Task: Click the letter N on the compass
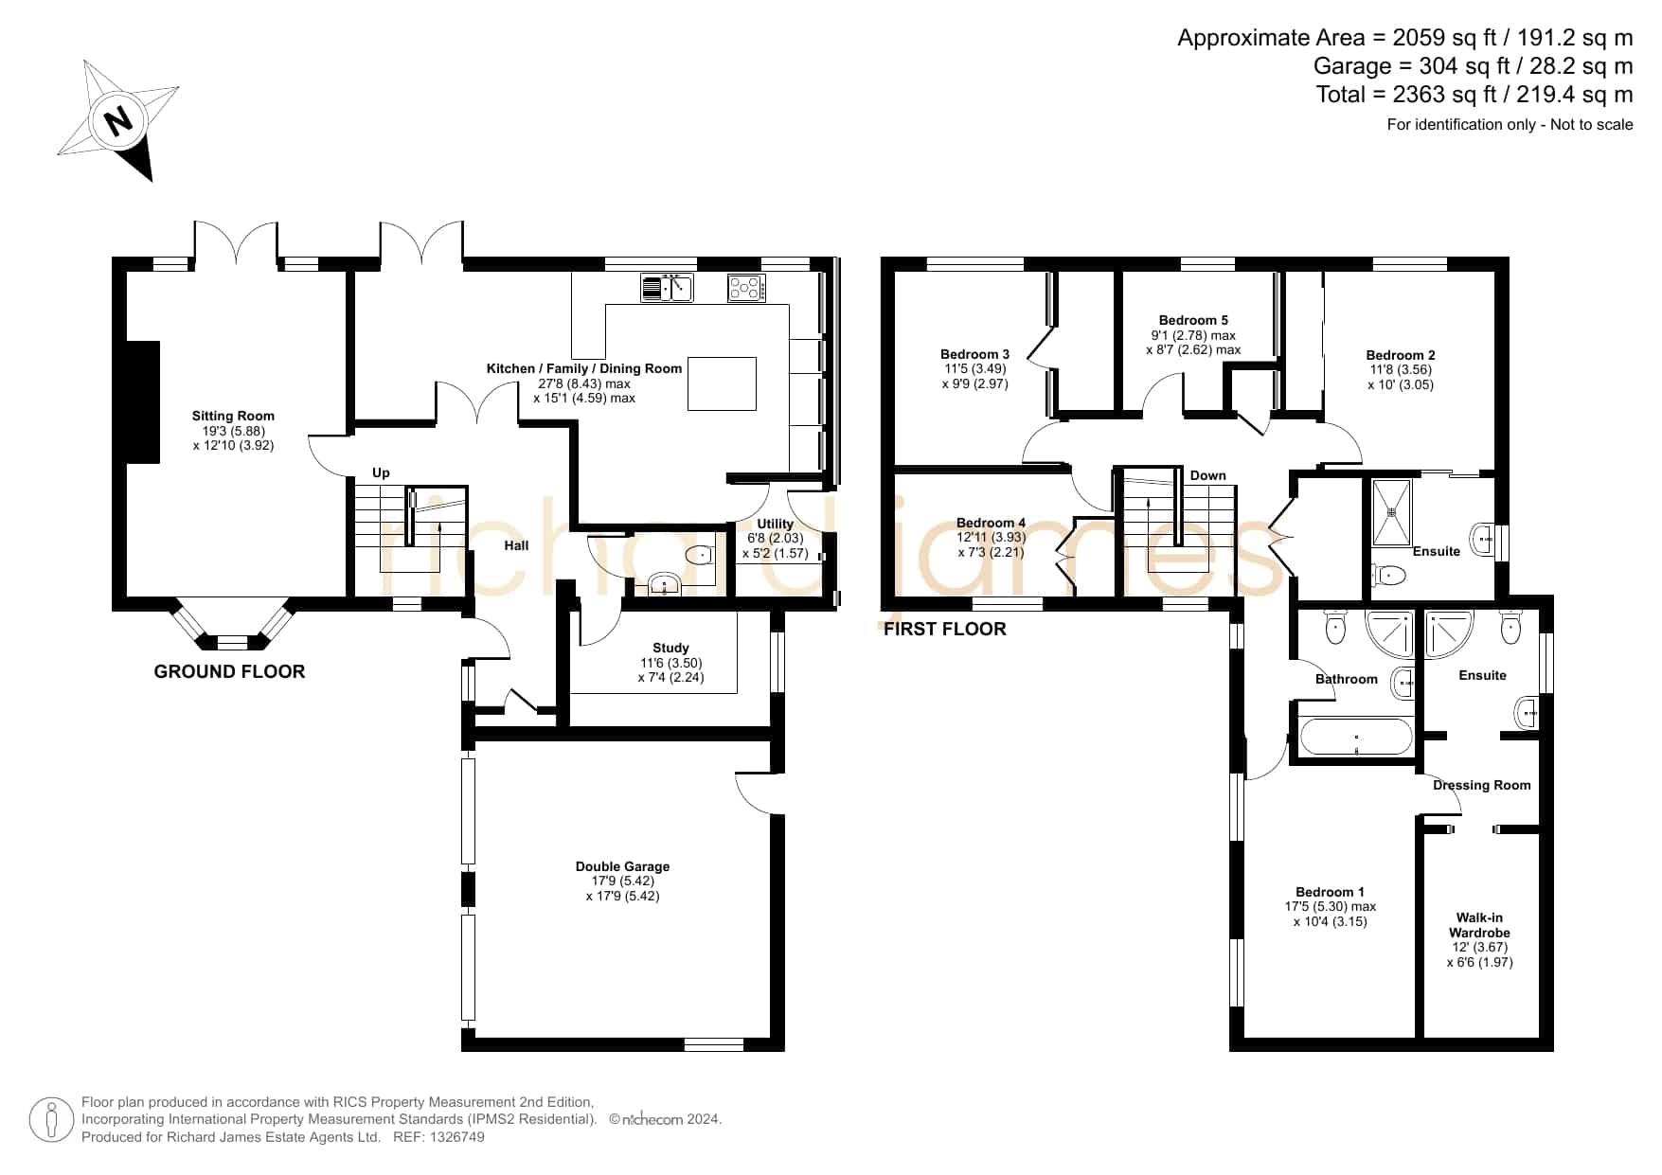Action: pos(118,121)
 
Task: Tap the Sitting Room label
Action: pos(233,416)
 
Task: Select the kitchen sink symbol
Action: pos(667,287)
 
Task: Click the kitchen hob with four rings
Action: pos(746,287)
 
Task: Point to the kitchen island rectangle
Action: pos(722,383)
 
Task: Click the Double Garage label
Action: pos(622,866)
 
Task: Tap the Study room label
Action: pos(670,649)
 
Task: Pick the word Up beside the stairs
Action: pos(381,472)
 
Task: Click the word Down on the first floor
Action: pos(1208,475)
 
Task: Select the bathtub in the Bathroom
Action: pos(1355,737)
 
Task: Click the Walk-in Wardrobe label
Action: pos(1479,925)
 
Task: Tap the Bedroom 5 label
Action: pos(1193,320)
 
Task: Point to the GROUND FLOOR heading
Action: pos(229,671)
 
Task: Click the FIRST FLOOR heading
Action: pos(945,629)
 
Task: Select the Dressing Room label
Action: pos(1482,785)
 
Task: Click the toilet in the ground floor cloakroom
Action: pos(700,555)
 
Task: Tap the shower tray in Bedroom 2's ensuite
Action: pos(1392,512)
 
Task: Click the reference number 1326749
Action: pos(457,1137)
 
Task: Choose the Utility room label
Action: pos(776,524)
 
